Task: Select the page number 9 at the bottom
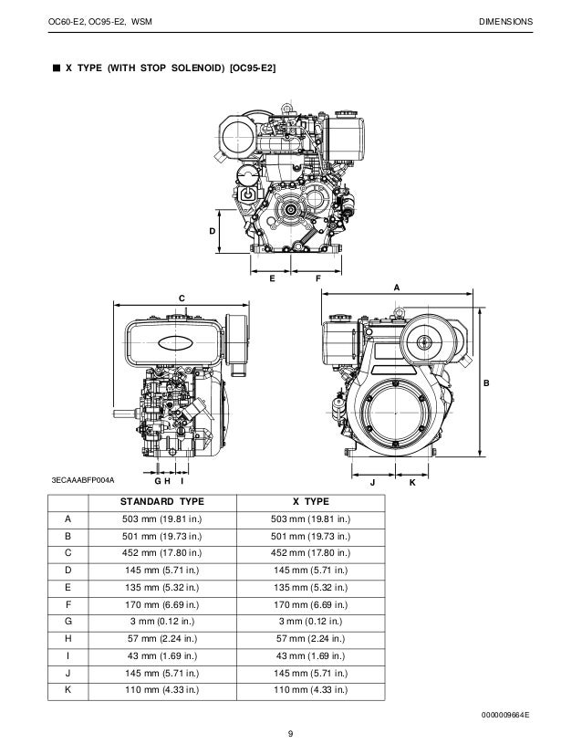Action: pos(290,736)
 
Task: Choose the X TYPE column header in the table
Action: pos(310,502)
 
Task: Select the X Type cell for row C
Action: pos(310,551)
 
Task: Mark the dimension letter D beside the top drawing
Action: pos(213,232)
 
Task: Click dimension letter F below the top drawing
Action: pos(317,276)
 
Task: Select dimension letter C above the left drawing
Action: pos(181,298)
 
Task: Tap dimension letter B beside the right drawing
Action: pos(486,384)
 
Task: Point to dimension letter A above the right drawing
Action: pos(396,287)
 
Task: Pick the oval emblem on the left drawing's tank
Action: pos(175,343)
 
